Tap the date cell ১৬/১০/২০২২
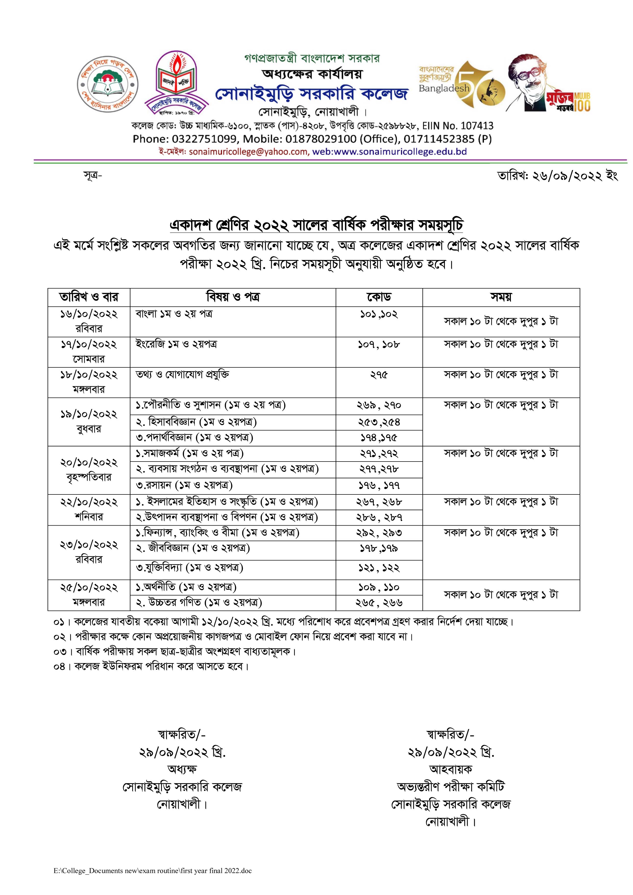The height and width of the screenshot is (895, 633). (89, 314)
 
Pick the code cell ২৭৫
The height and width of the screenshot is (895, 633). (379, 375)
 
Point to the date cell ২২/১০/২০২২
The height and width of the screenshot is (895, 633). (89, 502)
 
